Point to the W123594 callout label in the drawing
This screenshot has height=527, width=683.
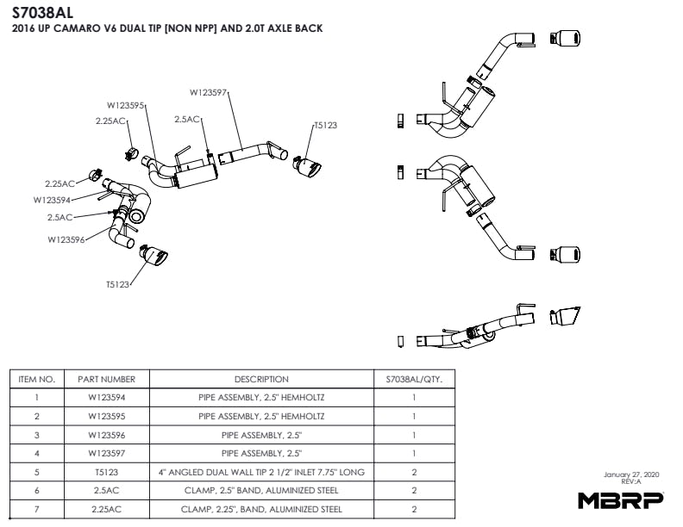point(52,200)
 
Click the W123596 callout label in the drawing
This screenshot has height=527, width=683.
point(66,240)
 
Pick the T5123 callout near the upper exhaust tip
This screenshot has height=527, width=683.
point(325,126)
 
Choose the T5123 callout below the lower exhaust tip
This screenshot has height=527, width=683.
point(119,284)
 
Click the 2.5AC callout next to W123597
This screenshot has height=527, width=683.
point(187,120)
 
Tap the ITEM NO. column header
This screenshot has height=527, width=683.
point(37,379)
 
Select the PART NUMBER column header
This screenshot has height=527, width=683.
point(106,379)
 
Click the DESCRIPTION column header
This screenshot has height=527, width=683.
point(261,379)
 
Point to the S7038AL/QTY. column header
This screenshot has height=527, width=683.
point(414,379)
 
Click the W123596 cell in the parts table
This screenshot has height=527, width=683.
point(106,435)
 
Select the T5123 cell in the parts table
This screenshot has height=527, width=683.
point(106,472)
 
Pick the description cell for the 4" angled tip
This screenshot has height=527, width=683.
point(261,472)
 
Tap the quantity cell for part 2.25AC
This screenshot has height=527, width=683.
point(414,509)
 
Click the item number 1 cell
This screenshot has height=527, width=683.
point(37,398)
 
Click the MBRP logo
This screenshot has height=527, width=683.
point(620,499)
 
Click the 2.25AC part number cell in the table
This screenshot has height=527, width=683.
point(106,509)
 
